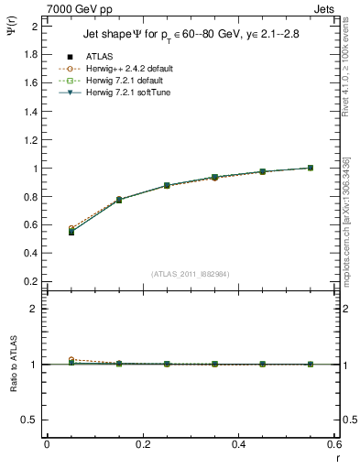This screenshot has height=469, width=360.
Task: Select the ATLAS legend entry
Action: [x=98, y=57]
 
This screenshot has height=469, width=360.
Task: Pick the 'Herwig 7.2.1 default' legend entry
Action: [x=125, y=80]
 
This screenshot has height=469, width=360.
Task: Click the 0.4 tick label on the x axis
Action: [x=238, y=444]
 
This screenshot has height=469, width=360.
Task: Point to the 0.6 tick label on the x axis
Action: [x=333, y=444]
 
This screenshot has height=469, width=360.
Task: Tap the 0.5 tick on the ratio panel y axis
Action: [x=31, y=420]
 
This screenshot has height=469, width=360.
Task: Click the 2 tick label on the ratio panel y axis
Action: [x=34, y=309]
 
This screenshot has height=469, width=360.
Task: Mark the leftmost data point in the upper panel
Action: [x=71, y=231]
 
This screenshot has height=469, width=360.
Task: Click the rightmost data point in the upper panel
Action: [x=311, y=168]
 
